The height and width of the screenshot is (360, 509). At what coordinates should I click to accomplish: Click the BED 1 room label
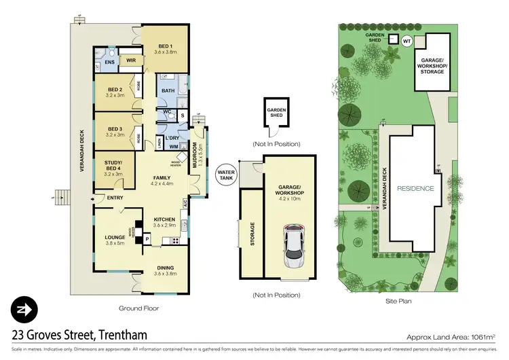[x=162, y=46]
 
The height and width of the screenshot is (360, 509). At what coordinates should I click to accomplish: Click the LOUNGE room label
[x=115, y=238]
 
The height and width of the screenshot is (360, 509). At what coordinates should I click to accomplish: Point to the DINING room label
[x=165, y=270]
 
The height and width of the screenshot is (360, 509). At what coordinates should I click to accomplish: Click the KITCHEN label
[x=165, y=219]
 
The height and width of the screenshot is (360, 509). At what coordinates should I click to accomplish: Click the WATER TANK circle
[x=226, y=175]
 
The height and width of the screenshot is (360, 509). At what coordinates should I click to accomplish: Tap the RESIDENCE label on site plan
[x=415, y=188]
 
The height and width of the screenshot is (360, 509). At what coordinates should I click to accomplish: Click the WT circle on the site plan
[x=408, y=41]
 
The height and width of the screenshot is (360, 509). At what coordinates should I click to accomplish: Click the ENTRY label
[x=113, y=198]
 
